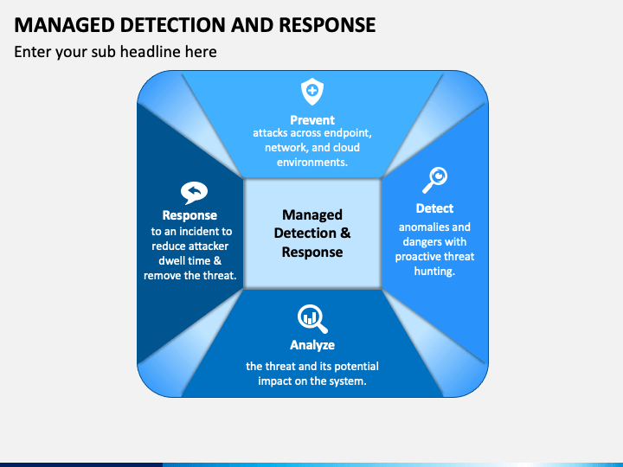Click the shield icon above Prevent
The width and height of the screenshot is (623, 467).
[x=312, y=92]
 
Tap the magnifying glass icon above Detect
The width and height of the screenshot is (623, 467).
[x=434, y=180]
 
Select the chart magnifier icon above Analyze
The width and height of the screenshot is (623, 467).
[x=312, y=318]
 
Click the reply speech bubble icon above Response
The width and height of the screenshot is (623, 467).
[x=194, y=193]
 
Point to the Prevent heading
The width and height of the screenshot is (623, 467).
[x=312, y=120]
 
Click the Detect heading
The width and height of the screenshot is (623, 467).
[x=434, y=208]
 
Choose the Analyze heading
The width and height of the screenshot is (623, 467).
[x=312, y=345]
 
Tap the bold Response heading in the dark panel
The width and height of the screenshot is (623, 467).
[x=189, y=215]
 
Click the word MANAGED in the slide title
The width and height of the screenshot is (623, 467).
[x=64, y=25]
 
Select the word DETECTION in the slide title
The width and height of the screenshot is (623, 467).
[x=173, y=25]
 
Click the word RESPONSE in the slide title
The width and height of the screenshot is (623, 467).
[x=327, y=25]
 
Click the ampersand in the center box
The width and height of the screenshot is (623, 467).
[x=345, y=233]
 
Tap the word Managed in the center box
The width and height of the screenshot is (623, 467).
[x=312, y=214]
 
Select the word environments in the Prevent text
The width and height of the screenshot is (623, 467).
[x=311, y=162]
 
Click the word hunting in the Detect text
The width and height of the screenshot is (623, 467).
[x=434, y=272]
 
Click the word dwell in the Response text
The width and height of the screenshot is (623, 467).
[x=171, y=261]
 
